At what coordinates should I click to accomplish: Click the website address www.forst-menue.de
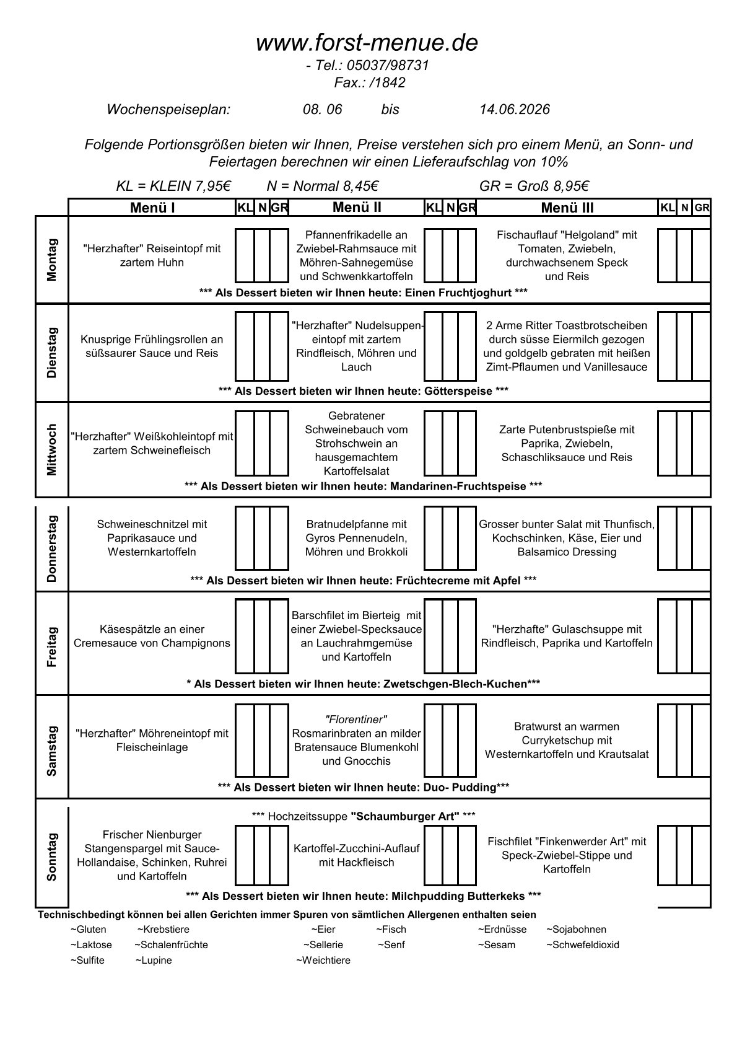pos(367,43)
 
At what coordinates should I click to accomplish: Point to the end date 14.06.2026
pos(514,110)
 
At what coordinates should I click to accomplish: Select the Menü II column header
pos(357,208)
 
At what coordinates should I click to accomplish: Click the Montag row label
pos(52,260)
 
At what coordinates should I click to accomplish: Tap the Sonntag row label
pos(52,856)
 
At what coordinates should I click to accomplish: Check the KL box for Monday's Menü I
pos(245,255)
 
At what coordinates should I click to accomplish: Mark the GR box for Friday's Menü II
pos(468,636)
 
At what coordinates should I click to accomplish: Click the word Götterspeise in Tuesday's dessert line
pos(458,391)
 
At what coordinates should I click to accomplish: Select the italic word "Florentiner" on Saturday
pos(356,720)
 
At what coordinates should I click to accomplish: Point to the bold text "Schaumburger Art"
pos(405,816)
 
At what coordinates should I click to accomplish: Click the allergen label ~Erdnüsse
pos(502,930)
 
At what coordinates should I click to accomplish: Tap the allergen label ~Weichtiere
pos(323,961)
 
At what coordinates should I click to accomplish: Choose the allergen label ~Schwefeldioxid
pos(583,945)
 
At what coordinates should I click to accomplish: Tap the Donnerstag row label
pos(52,548)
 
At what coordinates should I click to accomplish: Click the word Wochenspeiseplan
pos(168,110)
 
